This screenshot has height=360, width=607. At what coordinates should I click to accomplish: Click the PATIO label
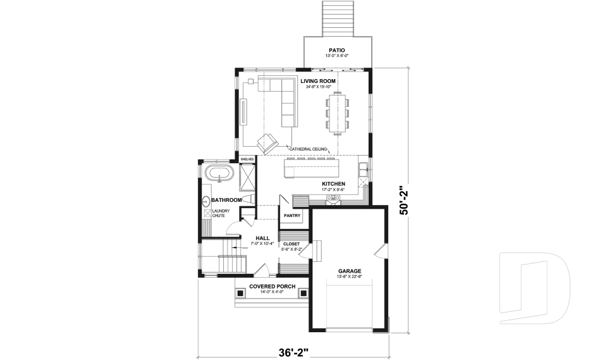pyautogui.click(x=336, y=50)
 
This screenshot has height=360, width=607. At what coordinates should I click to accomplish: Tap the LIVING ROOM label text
pyautogui.click(x=318, y=81)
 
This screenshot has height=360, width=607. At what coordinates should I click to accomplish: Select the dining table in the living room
pyautogui.click(x=338, y=113)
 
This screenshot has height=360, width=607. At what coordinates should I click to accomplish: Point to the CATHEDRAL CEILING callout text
pyautogui.click(x=308, y=149)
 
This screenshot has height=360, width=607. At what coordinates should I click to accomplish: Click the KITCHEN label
pyautogui.click(x=333, y=183)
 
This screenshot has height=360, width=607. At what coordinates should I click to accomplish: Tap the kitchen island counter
pyautogui.click(x=311, y=168)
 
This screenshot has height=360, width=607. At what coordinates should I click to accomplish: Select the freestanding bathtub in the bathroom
pyautogui.click(x=219, y=173)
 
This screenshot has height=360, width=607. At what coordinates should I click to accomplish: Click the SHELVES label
pyautogui.click(x=247, y=159)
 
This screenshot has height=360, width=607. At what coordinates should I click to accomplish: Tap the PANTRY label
pyautogui.click(x=291, y=215)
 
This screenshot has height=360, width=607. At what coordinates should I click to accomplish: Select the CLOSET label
pyautogui.click(x=291, y=244)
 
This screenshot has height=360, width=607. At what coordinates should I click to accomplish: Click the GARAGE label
pyautogui.click(x=349, y=271)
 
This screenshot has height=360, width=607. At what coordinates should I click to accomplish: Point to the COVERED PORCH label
pyautogui.click(x=272, y=286)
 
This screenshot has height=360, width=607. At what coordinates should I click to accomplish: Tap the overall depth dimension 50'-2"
pyautogui.click(x=405, y=201)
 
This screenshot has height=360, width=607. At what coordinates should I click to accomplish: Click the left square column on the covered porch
pyautogui.click(x=240, y=294)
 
